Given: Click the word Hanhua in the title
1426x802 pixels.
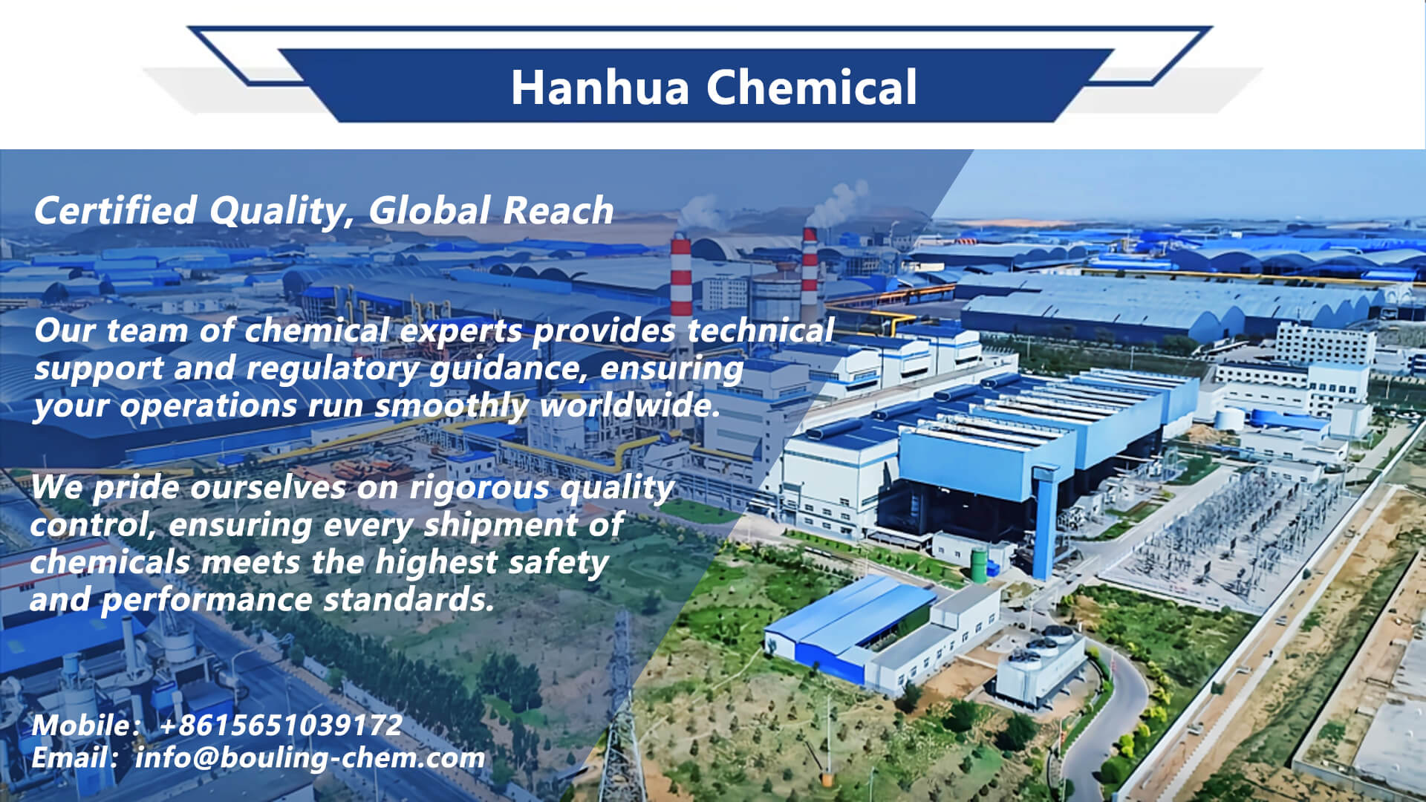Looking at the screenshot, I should (x=599, y=88).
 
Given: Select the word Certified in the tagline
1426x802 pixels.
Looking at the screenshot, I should (x=115, y=210).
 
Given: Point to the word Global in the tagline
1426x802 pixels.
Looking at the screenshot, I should (x=429, y=210).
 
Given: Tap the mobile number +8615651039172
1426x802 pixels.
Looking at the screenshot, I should (x=281, y=726).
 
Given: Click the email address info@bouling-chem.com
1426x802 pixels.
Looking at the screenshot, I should (x=310, y=758).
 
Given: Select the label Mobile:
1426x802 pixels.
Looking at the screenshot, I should (x=85, y=726).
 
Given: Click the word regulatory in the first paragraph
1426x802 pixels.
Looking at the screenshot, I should (x=332, y=369).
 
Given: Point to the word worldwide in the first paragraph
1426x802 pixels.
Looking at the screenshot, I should (x=630, y=405).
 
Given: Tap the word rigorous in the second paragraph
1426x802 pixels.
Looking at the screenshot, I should (x=479, y=489).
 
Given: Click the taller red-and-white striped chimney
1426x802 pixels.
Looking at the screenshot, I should (x=680, y=278).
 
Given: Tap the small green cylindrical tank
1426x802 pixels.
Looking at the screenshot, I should (x=980, y=564).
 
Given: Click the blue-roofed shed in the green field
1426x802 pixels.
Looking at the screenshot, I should (x=847, y=627).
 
